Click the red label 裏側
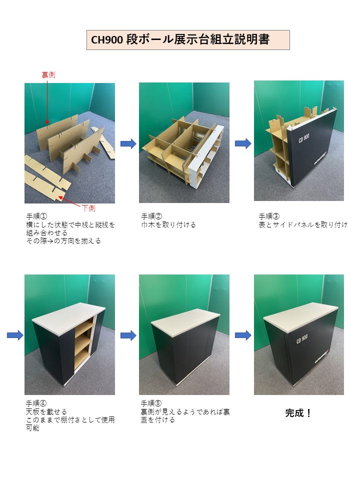point(48,75)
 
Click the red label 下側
point(88,208)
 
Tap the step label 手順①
point(36,216)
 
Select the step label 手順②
point(151,216)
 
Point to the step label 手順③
point(269,216)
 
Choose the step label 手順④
point(36,403)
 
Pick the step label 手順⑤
point(151,403)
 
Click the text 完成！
point(298,413)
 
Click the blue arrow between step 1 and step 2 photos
point(128,144)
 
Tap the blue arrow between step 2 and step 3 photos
point(243,144)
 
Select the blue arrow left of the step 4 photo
point(15,335)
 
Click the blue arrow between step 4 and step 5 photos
point(128,335)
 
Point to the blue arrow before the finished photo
point(243,335)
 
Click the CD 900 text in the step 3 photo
point(303,138)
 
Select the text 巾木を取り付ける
point(168,225)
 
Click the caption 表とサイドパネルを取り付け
point(303,225)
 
